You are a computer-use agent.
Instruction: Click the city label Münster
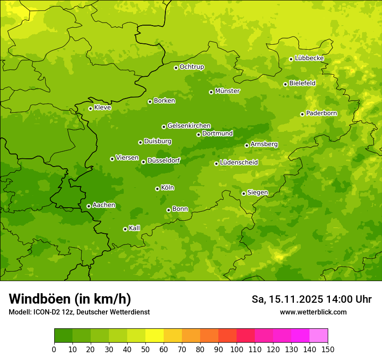point(227,91)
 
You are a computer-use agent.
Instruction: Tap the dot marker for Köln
point(157,189)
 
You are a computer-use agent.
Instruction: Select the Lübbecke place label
point(309,58)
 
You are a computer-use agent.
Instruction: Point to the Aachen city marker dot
point(89,206)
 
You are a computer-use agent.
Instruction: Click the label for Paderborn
point(321,113)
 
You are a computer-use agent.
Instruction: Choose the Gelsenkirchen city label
point(189,126)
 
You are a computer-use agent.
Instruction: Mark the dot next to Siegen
point(244,193)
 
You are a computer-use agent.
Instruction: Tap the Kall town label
point(134,228)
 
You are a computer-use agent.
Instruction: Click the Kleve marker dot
point(90,108)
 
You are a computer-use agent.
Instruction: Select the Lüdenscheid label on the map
point(239,163)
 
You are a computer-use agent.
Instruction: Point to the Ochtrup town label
point(191,67)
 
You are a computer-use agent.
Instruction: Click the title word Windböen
point(39,299)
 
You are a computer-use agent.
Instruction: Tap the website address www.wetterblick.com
point(313,312)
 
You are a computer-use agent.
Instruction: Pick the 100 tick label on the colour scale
point(237,349)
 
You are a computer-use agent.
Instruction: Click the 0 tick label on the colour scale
point(54,349)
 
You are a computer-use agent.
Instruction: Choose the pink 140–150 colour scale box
point(319,336)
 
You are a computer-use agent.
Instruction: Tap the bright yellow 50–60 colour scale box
point(155,336)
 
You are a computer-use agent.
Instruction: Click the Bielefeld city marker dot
point(285,84)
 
